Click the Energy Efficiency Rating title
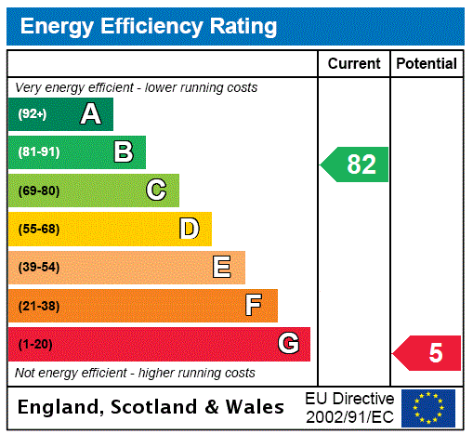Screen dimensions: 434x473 (149, 27)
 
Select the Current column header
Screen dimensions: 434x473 (354, 64)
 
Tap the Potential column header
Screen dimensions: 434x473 (427, 64)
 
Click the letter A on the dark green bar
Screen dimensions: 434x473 (90, 114)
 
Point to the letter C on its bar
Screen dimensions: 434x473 (156, 191)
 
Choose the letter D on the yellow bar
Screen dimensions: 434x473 (189, 229)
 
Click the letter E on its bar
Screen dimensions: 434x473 (222, 268)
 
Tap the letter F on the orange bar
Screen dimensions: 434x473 (254, 306)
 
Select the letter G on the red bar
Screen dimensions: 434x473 (288, 344)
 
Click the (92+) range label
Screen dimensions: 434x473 (33, 114)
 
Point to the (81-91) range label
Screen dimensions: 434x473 (38, 152)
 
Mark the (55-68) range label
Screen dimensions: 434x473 (38, 229)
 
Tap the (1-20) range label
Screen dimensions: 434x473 (35, 344)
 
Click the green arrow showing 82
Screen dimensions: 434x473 (356, 164)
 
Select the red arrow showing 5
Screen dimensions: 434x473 (428, 353)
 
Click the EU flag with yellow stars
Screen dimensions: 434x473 (428, 407)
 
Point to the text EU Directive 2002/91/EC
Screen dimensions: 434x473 (349, 407)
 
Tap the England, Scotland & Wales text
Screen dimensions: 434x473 (151, 407)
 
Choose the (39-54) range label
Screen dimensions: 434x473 (38, 268)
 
